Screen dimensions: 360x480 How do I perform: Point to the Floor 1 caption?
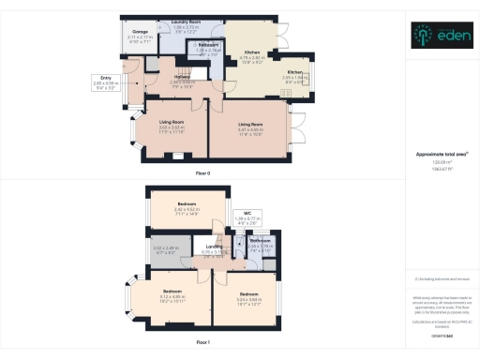click(202, 343)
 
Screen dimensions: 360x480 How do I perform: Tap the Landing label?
click(215, 247)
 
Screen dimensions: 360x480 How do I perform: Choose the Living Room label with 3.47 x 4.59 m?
click(250, 124)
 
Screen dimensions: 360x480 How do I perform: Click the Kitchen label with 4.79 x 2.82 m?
click(251, 52)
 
